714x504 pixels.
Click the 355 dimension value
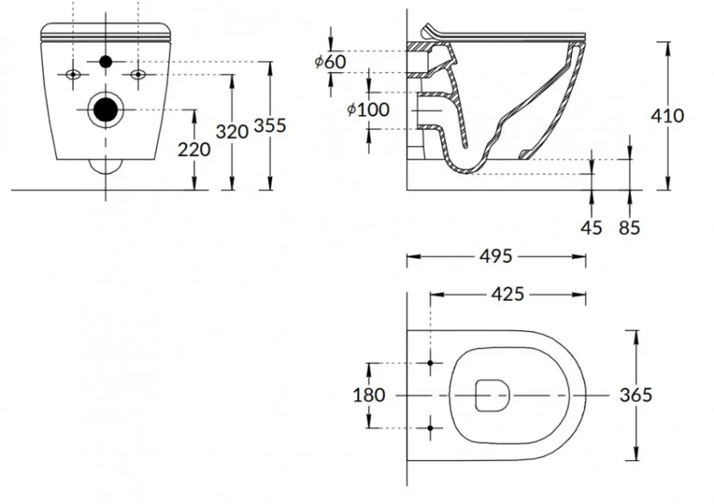coord(270,125)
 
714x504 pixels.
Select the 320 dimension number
coord(232,132)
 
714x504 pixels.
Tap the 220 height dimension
coord(194,150)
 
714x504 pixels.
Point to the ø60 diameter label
coord(330,61)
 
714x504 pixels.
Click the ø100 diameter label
coord(368,110)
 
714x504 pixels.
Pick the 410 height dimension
coord(668,116)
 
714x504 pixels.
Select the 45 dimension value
coord(591,227)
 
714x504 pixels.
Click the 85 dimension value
coord(629,227)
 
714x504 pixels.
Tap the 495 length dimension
coord(496,256)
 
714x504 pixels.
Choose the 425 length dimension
coord(507,294)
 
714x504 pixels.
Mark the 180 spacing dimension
coord(369,395)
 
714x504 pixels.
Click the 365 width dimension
coord(636,395)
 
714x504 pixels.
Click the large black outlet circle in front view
coord(106,109)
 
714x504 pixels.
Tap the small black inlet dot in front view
coord(106,61)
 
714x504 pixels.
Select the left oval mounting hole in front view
coord(73,74)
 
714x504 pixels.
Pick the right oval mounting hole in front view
coord(138,74)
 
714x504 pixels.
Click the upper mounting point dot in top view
coord(430,363)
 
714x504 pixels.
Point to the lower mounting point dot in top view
coord(430,428)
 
